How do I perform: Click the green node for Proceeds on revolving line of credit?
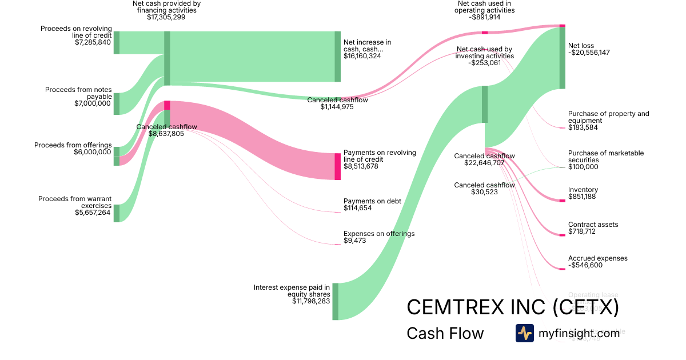click(x=116, y=43)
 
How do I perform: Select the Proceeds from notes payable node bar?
click(x=116, y=103)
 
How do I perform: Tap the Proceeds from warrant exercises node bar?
click(x=116, y=213)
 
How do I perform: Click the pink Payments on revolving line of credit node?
click(x=337, y=166)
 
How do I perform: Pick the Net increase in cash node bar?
click(x=337, y=57)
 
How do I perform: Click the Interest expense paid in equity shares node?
click(x=335, y=301)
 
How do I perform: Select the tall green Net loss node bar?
click(x=562, y=58)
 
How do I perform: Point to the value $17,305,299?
click(x=166, y=18)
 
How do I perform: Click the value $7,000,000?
click(x=93, y=103)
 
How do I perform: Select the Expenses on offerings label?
click(x=379, y=234)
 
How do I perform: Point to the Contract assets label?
click(x=593, y=225)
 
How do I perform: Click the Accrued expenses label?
click(x=597, y=258)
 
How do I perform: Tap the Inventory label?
click(x=583, y=190)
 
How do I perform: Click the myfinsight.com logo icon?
click(x=524, y=333)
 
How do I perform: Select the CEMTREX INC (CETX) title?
click(x=513, y=307)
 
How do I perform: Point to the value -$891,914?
click(x=485, y=17)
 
